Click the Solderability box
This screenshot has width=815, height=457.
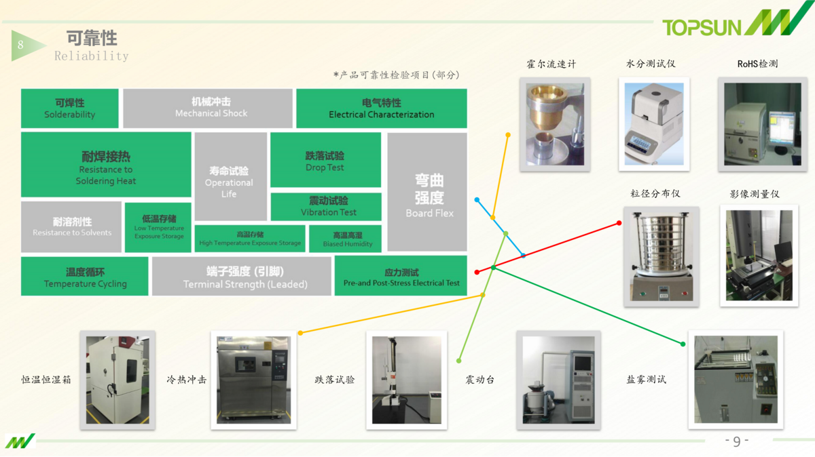click(x=70, y=108)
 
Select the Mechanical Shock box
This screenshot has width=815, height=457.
click(x=211, y=108)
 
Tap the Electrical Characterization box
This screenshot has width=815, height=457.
click(x=381, y=108)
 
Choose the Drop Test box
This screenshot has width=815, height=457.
click(x=325, y=160)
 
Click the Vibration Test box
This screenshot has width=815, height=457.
click(x=326, y=207)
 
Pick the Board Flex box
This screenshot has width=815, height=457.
click(x=427, y=192)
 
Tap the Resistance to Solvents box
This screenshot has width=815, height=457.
click(x=72, y=227)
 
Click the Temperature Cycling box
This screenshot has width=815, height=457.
click(x=85, y=277)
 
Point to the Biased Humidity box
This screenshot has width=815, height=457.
click(x=345, y=239)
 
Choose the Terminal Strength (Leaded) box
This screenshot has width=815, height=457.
click(x=241, y=277)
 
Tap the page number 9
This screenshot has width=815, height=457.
click(x=737, y=441)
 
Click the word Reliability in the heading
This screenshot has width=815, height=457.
click(x=91, y=56)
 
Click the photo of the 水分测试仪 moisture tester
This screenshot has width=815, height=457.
click(x=654, y=124)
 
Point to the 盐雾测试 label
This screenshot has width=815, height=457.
click(x=646, y=380)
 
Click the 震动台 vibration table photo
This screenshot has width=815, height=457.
click(x=558, y=380)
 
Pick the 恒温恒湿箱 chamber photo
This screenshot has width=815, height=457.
click(x=117, y=380)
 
